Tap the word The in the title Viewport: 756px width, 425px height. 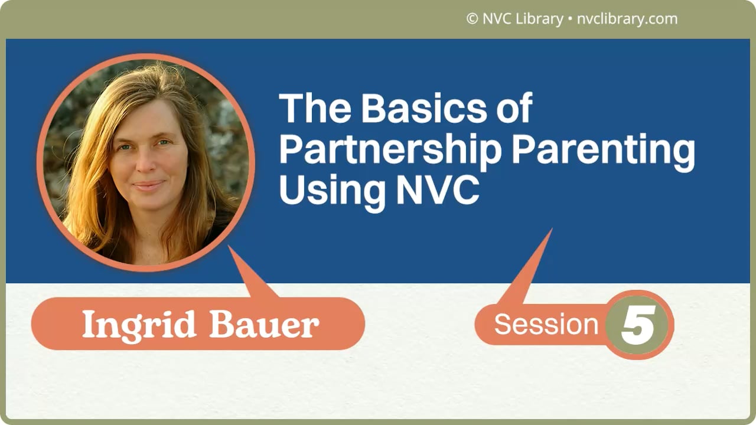pyautogui.click(x=315, y=108)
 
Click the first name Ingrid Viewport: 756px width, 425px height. pyautogui.click(x=139, y=324)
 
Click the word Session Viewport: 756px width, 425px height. pyautogui.click(x=546, y=325)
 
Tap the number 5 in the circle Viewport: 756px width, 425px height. pyautogui.click(x=639, y=325)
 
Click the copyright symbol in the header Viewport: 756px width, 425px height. pyautogui.click(x=472, y=19)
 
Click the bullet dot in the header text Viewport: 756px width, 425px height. pyautogui.click(x=570, y=19)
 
